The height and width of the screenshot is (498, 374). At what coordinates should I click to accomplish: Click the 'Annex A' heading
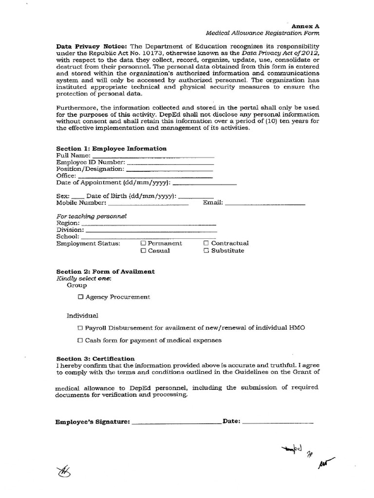point(305,26)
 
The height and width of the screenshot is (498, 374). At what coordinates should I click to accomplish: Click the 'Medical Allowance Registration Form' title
point(262,34)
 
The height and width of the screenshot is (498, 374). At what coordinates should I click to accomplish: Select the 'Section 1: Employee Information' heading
point(111,149)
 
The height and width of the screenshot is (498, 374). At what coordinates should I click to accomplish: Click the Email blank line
point(265,204)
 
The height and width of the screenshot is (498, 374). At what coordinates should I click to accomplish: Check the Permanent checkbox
point(143,243)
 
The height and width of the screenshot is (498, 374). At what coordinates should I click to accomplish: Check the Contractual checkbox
point(206,243)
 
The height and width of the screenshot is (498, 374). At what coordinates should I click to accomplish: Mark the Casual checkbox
point(143,251)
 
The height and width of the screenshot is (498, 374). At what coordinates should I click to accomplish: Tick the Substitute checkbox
point(206,251)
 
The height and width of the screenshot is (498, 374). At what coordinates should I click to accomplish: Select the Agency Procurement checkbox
point(81,297)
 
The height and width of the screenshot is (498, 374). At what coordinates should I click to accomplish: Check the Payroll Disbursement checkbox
point(80,328)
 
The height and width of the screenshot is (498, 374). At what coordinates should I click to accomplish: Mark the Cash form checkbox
point(80,340)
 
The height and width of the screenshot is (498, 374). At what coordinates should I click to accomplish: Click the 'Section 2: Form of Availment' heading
point(105,271)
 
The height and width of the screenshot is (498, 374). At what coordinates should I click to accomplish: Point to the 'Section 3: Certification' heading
point(95,358)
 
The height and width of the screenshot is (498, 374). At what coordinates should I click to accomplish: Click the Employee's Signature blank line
point(176,423)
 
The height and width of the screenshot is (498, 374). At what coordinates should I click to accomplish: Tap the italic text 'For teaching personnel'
point(92,215)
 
